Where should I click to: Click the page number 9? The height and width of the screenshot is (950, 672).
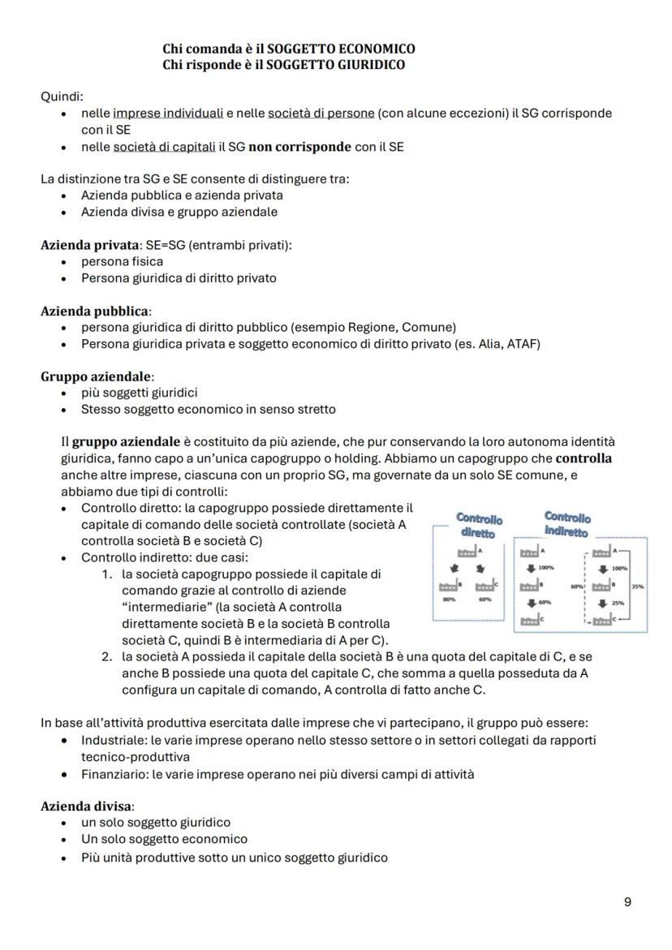[627, 901]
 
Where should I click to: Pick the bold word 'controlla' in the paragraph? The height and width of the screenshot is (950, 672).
[584, 459]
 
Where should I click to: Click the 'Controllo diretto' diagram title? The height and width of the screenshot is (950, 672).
[479, 524]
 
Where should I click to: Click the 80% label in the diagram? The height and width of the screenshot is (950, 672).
[449, 600]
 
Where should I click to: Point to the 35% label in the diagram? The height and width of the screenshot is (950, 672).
[637, 585]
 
